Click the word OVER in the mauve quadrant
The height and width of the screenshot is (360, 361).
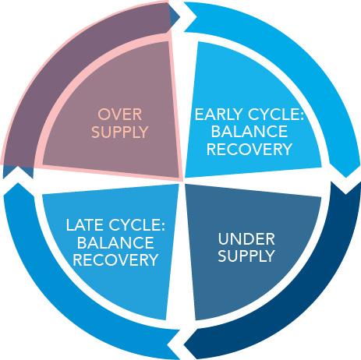tap(119, 115)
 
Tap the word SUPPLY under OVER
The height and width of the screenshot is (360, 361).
tap(119, 132)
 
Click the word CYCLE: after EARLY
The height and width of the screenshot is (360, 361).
tap(276, 115)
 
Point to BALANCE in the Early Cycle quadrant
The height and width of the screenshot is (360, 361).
tap(250, 132)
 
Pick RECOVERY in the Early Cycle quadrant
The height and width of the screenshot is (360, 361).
tap(250, 150)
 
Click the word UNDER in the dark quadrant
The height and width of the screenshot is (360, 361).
tap(246, 239)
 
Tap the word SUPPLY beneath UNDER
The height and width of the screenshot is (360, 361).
tap(246, 256)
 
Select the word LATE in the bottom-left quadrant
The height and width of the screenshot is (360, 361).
tap(85, 225)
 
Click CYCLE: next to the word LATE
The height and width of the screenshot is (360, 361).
tap(136, 225)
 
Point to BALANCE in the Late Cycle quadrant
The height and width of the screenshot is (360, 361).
tap(115, 242)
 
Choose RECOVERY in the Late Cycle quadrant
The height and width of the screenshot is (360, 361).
tap(115, 259)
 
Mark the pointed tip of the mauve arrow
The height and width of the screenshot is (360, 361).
tap(180, 18)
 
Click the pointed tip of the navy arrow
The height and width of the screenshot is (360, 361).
tap(184, 346)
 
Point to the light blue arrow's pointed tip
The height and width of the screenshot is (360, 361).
tap(345, 178)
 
